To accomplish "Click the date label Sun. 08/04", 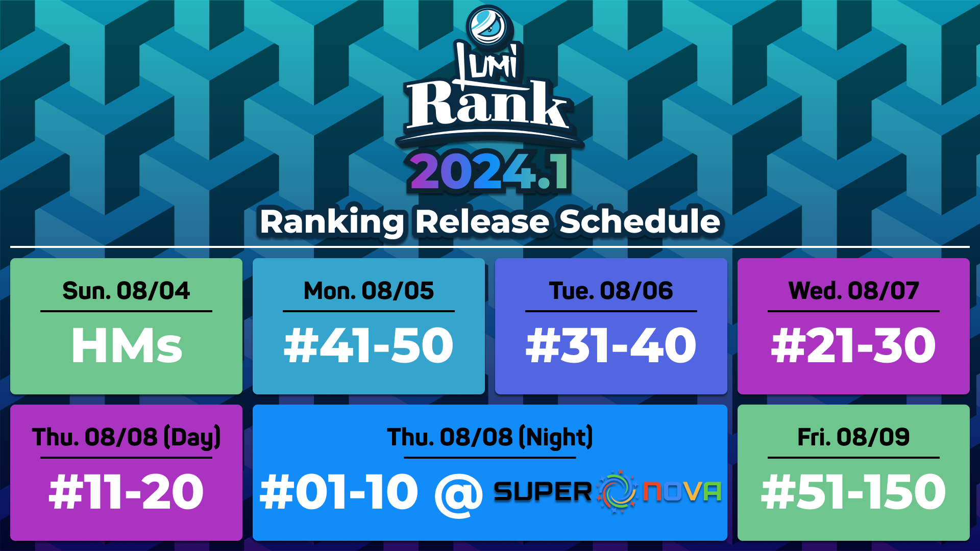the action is pos(126,291).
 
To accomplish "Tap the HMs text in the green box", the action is pos(127,346).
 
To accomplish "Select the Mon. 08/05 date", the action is pos(369,291).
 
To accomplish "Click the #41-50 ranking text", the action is pos(369,346).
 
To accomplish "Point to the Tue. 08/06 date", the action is pos(611,291).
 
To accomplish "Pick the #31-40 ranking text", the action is pos(611,346).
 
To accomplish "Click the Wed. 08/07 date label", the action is pos(853,291).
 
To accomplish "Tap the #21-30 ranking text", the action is pos(853,346).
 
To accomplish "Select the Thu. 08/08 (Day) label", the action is pos(126,438).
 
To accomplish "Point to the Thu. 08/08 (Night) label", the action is pos(490,438).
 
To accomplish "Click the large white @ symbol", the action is pos(458,494).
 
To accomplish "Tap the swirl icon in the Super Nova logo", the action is pos(617,491).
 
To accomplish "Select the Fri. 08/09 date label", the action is pos(853,437).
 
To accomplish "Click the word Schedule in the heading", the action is pos(640,222).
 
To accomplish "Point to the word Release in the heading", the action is pos(482,222).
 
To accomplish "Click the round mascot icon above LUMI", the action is pos(487,26).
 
